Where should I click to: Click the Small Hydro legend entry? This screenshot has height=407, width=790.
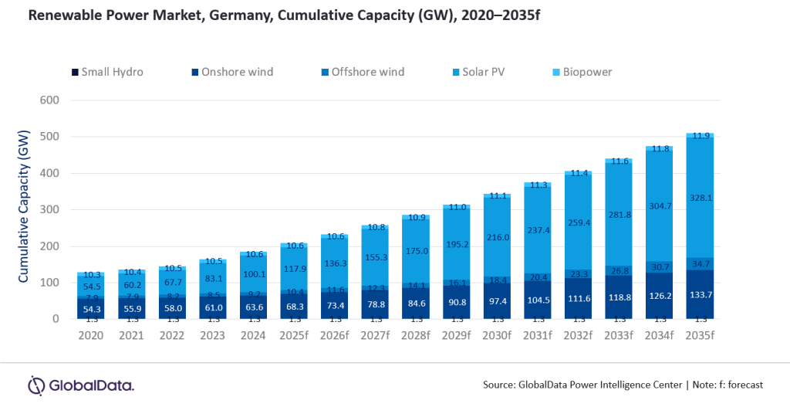coord(107,73)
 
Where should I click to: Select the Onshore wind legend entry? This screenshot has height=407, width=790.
coord(231,73)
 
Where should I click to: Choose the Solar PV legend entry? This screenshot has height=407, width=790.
coord(484,73)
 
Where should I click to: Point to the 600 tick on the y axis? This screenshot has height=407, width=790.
coord(49,100)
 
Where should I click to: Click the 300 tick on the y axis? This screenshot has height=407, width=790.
coord(49,210)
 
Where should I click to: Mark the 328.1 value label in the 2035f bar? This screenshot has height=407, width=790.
coord(701,197)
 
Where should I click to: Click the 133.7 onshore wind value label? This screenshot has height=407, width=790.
coord(701,296)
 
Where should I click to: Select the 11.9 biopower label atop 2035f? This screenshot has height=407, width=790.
coord(701,136)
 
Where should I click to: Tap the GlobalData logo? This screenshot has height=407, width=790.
coord(81,385)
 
